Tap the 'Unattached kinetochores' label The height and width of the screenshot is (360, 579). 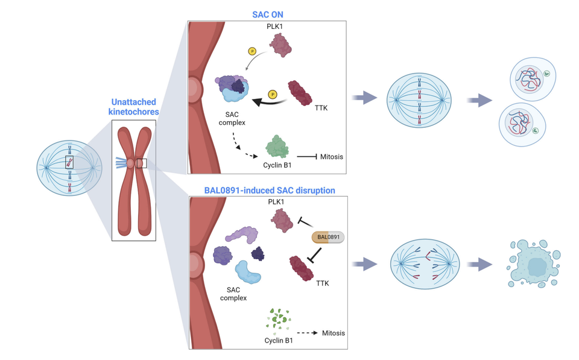pyautogui.click(x=133, y=107)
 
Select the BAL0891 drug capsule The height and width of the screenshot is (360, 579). pyautogui.click(x=327, y=237)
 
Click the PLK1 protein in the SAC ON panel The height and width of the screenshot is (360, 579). pyautogui.click(x=280, y=45)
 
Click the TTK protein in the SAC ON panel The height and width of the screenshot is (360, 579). pyautogui.click(x=300, y=93)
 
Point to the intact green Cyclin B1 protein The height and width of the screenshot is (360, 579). pyautogui.click(x=277, y=147)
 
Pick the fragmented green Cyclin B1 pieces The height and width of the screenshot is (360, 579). pyautogui.click(x=278, y=319)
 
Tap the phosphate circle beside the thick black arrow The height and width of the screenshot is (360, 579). pyautogui.click(x=273, y=95)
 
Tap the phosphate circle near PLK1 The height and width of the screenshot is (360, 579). pyautogui.click(x=252, y=52)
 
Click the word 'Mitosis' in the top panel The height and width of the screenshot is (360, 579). pyautogui.click(x=332, y=157)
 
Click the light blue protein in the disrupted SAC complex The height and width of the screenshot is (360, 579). pyautogui.click(x=248, y=272)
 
